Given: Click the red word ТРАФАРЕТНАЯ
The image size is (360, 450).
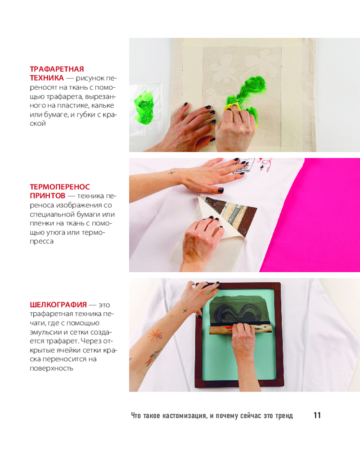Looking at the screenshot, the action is click(57, 69).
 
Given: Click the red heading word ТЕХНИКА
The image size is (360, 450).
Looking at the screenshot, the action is click(47, 78).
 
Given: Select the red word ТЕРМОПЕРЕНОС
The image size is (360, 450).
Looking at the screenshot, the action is click(60, 187).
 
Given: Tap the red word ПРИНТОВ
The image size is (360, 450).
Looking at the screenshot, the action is click(48, 196).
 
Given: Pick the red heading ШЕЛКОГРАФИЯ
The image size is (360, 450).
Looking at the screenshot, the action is click(58, 305).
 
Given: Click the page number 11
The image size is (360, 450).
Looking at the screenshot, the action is click(317, 415).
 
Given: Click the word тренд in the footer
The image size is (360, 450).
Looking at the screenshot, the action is click(284, 415).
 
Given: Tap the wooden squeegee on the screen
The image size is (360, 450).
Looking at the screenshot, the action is click(240, 329).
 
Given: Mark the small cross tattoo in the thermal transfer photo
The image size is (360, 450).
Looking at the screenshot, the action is click(171, 173).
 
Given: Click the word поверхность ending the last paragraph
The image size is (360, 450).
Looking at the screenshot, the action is click(51, 368).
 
